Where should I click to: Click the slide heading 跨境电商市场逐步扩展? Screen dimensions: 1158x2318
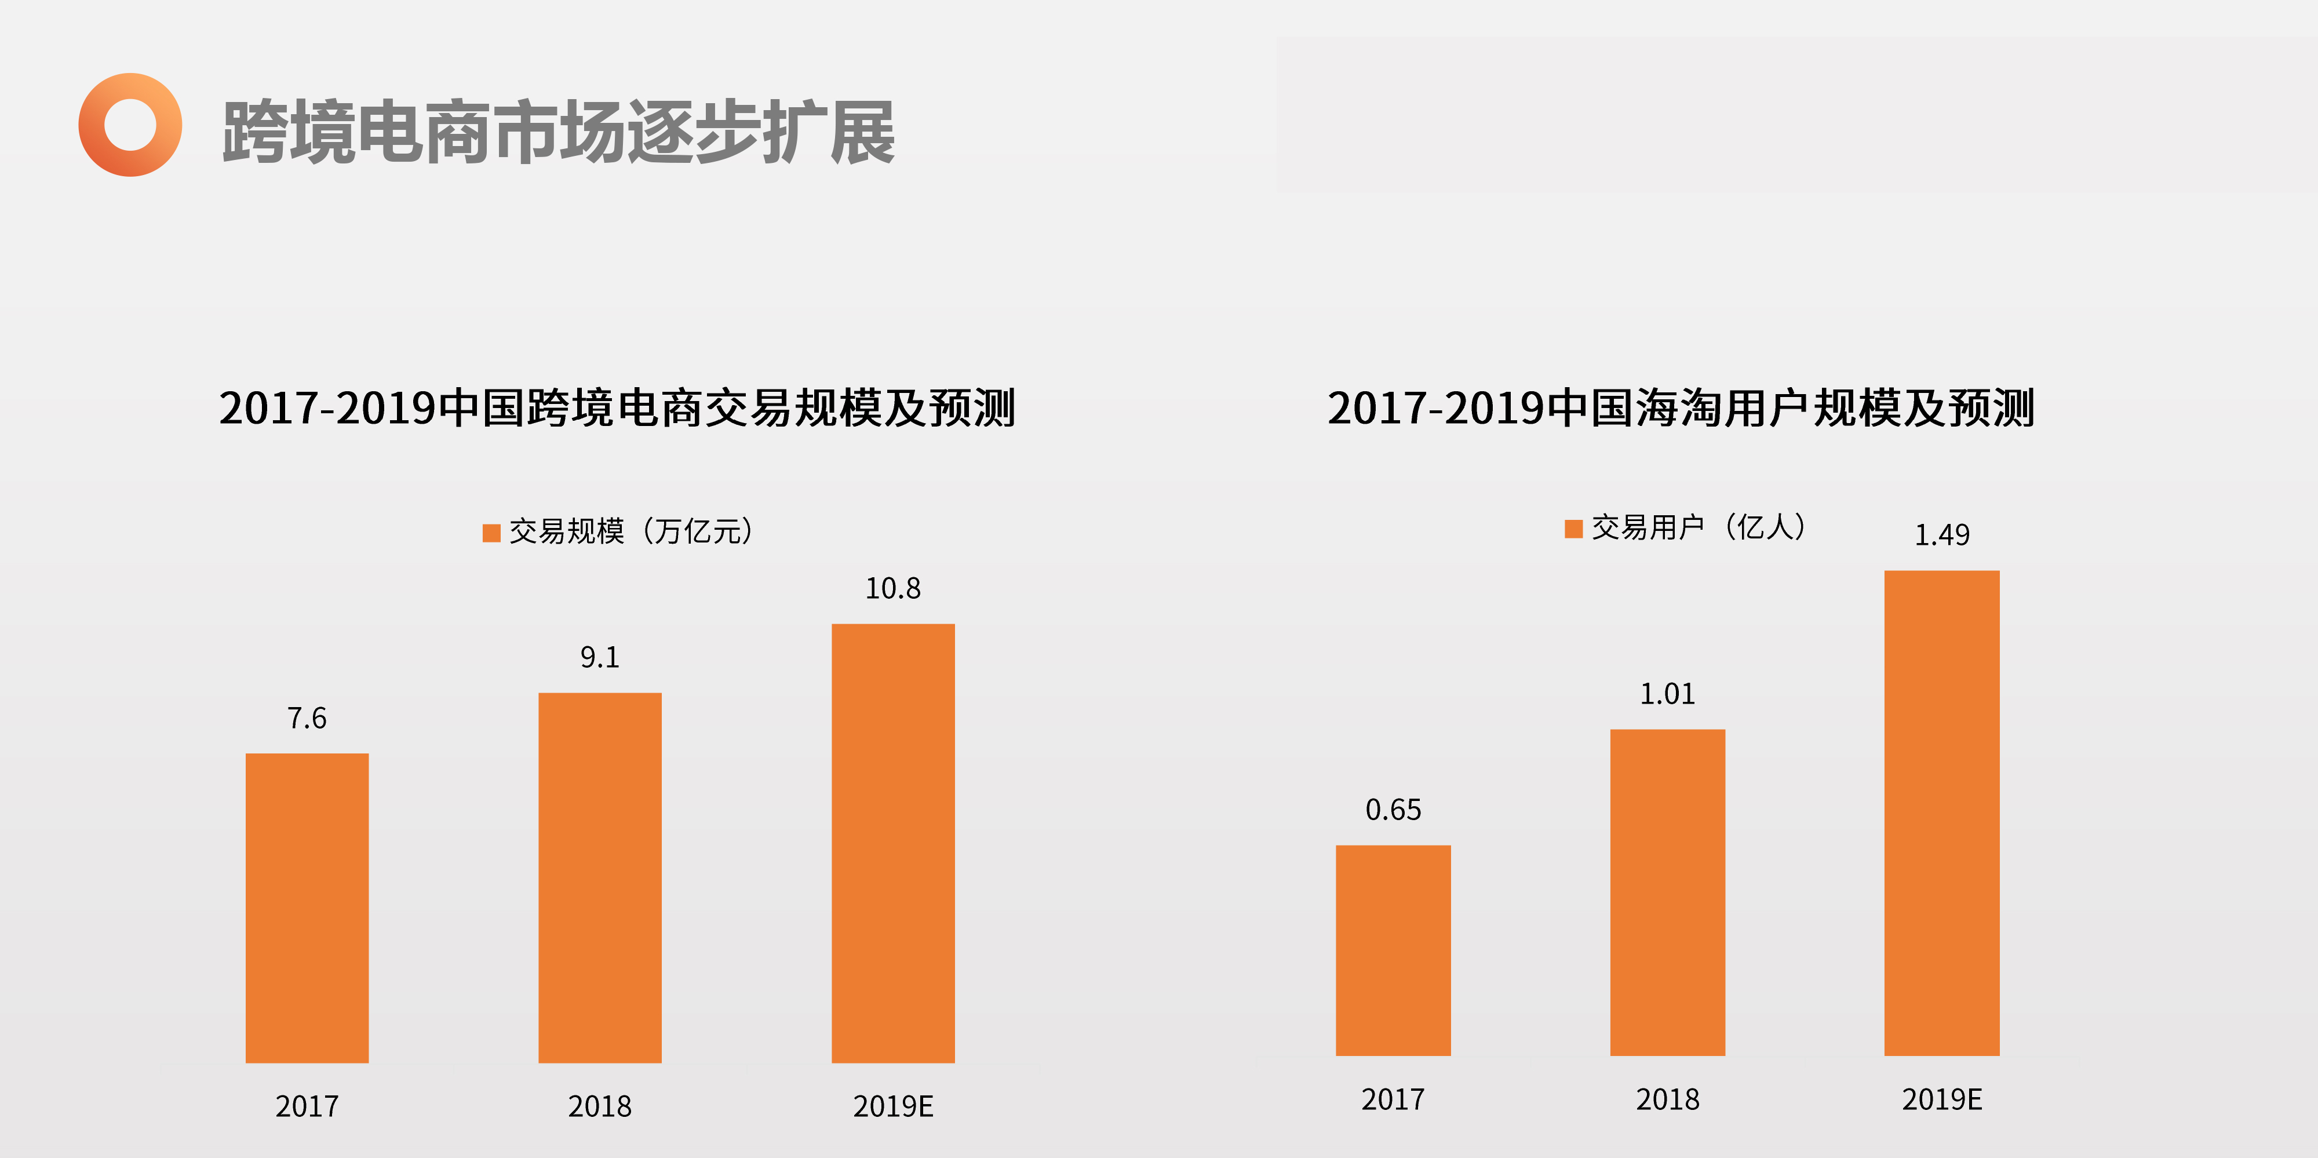pyautogui.click(x=559, y=132)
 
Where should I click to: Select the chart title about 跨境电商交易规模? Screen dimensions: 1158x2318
pyautogui.click(x=617, y=407)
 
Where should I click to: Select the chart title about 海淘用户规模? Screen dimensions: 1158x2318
pyautogui.click(x=1680, y=407)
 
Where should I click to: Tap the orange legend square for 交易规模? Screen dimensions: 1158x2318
pyautogui.click(x=491, y=533)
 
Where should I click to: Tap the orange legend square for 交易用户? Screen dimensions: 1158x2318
pyautogui.click(x=1573, y=529)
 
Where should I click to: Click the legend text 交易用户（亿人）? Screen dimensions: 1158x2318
pyautogui.click(x=1699, y=527)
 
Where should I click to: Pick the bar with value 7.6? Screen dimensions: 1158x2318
pyautogui.click(x=307, y=907)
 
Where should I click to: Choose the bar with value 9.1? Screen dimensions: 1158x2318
pyautogui.click(x=599, y=877)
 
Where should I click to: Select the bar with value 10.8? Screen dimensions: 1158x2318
pyautogui.click(x=892, y=843)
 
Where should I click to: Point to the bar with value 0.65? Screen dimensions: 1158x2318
pyautogui.click(x=1393, y=949)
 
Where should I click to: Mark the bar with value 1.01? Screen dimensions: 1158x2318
pyautogui.click(x=1667, y=891)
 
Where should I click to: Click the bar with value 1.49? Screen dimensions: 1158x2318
pyautogui.click(x=1942, y=813)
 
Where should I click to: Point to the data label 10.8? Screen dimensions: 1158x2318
pyautogui.click(x=892, y=588)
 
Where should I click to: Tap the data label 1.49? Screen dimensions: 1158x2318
pyautogui.click(x=1942, y=536)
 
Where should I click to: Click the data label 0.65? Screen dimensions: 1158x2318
pyautogui.click(x=1393, y=810)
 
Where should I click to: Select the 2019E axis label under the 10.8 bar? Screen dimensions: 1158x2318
pyautogui.click(x=892, y=1106)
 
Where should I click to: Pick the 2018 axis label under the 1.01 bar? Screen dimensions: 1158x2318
pyautogui.click(x=1667, y=1099)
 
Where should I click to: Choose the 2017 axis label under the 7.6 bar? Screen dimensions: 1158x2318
pyautogui.click(x=307, y=1106)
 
